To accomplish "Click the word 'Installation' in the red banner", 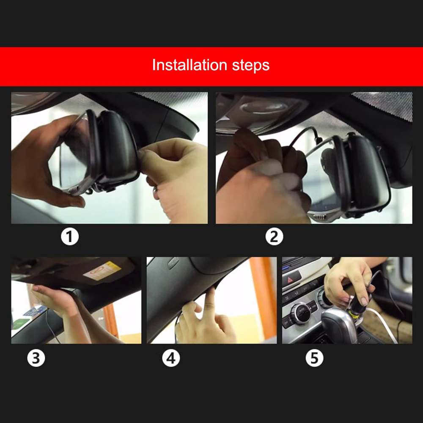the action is point(190,65).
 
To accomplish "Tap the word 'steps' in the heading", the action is point(250,66).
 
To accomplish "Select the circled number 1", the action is point(70,236).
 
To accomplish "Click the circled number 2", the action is point(274,236).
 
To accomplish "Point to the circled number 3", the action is point(36,358).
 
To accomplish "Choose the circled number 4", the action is point(171,358).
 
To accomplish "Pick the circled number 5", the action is point(315,358).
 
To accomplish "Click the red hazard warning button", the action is point(291,279).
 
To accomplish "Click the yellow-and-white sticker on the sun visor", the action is point(102,270).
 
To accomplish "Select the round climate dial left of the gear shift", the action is point(300,313).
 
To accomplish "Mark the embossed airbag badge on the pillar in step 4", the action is point(173,262).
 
